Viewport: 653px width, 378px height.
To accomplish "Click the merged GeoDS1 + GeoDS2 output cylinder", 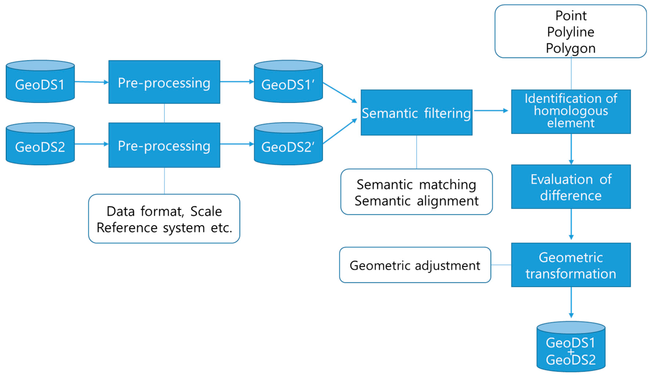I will point(571,347).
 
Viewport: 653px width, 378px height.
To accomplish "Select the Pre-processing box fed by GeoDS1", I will point(164,82).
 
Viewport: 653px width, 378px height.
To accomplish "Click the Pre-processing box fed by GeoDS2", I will point(164,145).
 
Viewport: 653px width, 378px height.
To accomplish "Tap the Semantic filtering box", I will point(416,113).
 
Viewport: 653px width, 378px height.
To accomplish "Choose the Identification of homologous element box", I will point(571,111).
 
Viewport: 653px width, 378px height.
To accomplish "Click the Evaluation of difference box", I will point(571,187).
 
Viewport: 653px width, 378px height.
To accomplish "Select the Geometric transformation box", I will point(571,265).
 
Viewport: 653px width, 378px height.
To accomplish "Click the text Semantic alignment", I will point(416,201).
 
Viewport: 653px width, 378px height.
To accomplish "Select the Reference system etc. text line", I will point(164,228).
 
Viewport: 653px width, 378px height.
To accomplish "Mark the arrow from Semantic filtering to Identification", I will point(491,111).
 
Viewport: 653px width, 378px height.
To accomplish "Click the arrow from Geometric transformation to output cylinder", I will point(571,302).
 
